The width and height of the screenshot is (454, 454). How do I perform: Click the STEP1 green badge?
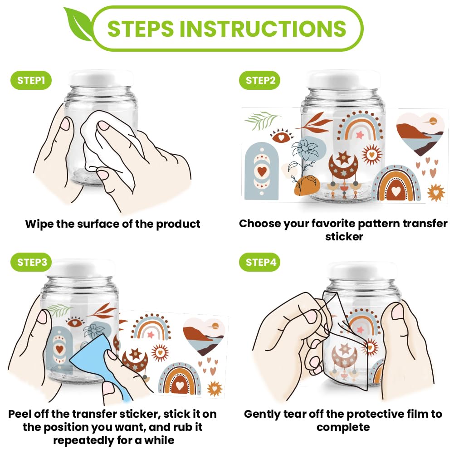(31, 80)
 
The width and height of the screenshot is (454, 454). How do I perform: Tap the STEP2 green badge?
(260, 80)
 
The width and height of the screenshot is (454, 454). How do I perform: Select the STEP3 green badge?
(31, 262)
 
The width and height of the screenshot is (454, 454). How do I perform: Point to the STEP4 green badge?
(260, 262)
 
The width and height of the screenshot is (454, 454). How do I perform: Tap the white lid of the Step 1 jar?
(101, 78)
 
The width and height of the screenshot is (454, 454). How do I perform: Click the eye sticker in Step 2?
(281, 136)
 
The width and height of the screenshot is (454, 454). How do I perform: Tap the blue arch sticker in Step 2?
(262, 171)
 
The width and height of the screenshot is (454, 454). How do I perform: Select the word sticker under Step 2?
(344, 237)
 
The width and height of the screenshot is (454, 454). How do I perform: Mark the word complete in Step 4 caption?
(343, 428)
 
